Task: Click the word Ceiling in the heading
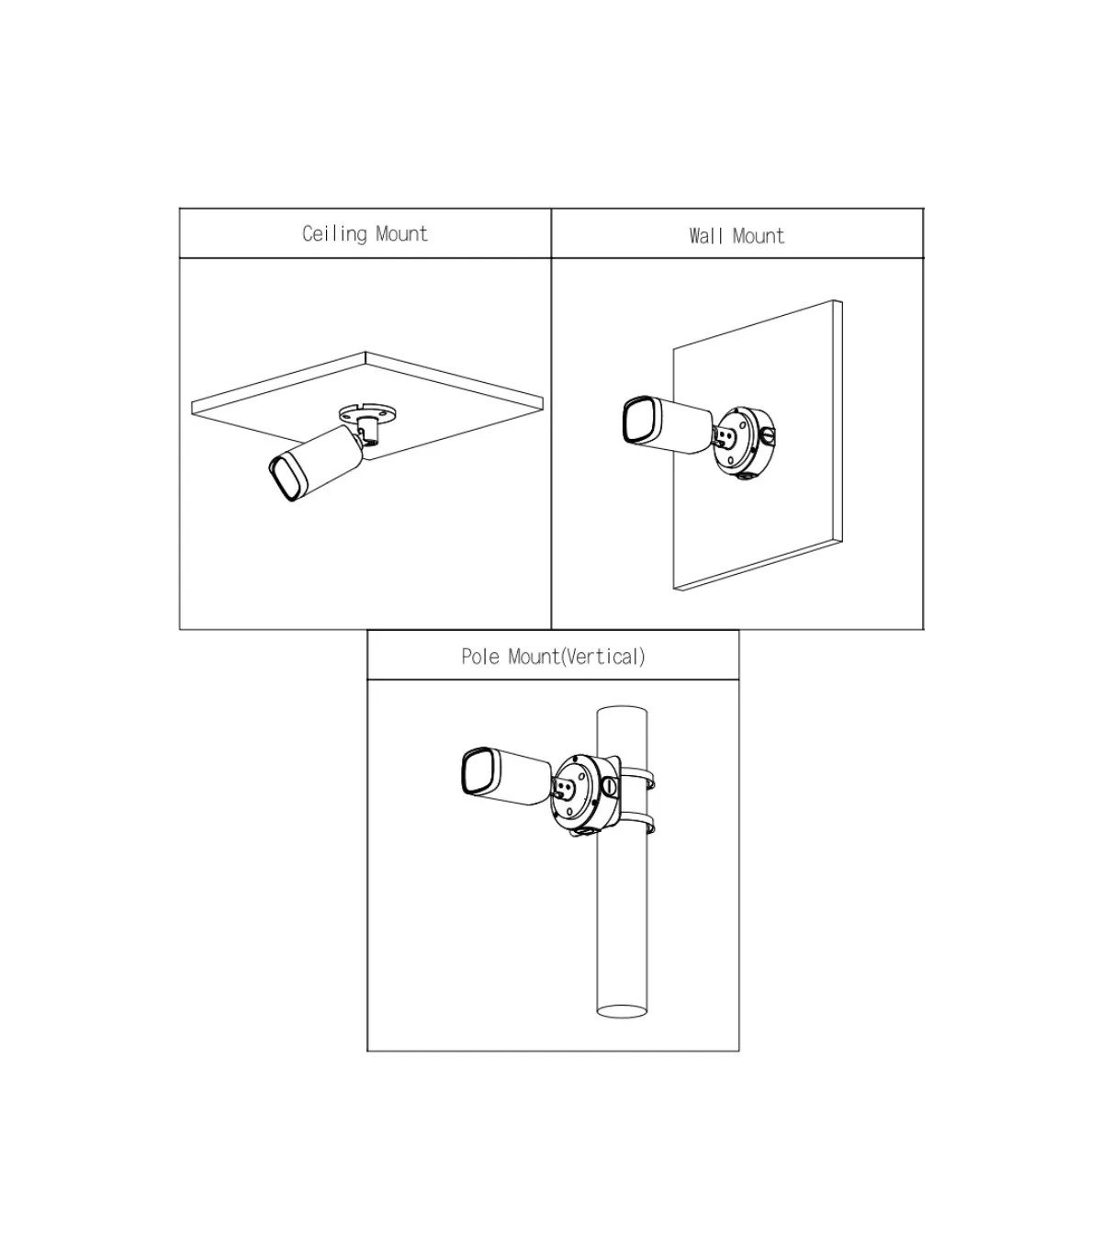[x=334, y=234]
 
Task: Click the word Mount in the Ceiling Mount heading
[x=401, y=233]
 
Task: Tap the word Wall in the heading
[x=705, y=236]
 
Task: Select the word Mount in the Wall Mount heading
[x=759, y=236]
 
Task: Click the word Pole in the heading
[x=480, y=657]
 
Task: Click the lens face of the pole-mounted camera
[x=478, y=771]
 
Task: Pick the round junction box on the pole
[x=585, y=794]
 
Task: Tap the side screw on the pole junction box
[x=609, y=785]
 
